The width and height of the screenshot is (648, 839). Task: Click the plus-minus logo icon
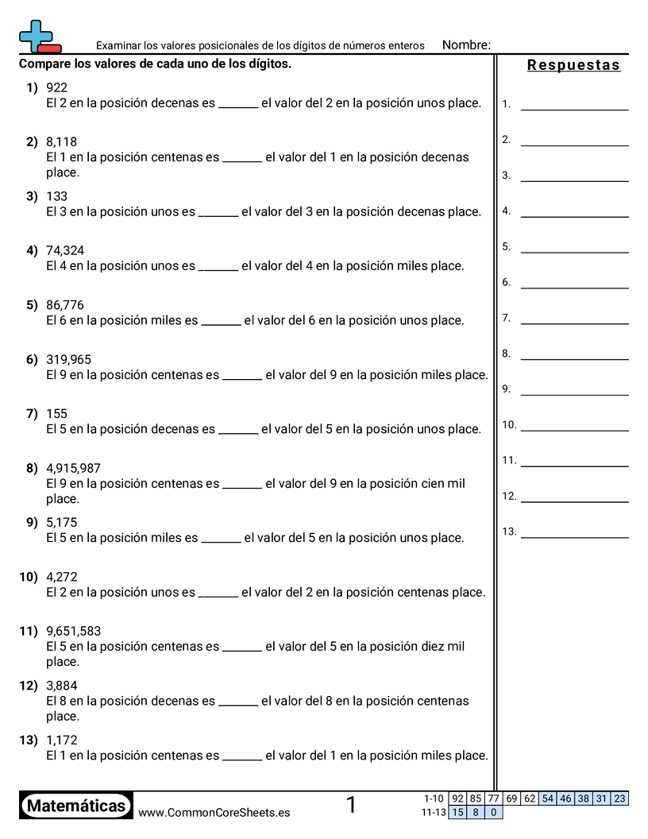click(x=38, y=37)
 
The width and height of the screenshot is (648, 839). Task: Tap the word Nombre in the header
click(x=465, y=45)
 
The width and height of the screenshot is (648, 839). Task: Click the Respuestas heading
click(x=573, y=65)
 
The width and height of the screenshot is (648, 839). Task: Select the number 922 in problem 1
click(x=56, y=87)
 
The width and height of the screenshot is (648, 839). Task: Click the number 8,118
click(x=61, y=141)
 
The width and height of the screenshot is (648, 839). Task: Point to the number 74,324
click(x=65, y=250)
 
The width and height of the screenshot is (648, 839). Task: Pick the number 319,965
click(x=68, y=359)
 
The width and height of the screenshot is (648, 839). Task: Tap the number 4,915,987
click(x=73, y=468)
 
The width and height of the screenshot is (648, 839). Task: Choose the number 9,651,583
click(x=73, y=631)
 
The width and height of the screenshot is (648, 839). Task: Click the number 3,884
click(x=61, y=685)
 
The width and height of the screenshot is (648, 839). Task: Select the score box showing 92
click(x=457, y=798)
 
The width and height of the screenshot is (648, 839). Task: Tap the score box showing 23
click(x=619, y=798)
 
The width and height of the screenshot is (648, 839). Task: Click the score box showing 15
click(x=457, y=812)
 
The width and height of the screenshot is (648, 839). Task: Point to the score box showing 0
click(x=493, y=812)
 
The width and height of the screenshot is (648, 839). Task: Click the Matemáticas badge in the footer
click(x=76, y=806)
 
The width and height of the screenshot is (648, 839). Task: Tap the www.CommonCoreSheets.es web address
click(x=214, y=812)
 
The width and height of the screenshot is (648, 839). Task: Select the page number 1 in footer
click(x=351, y=806)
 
